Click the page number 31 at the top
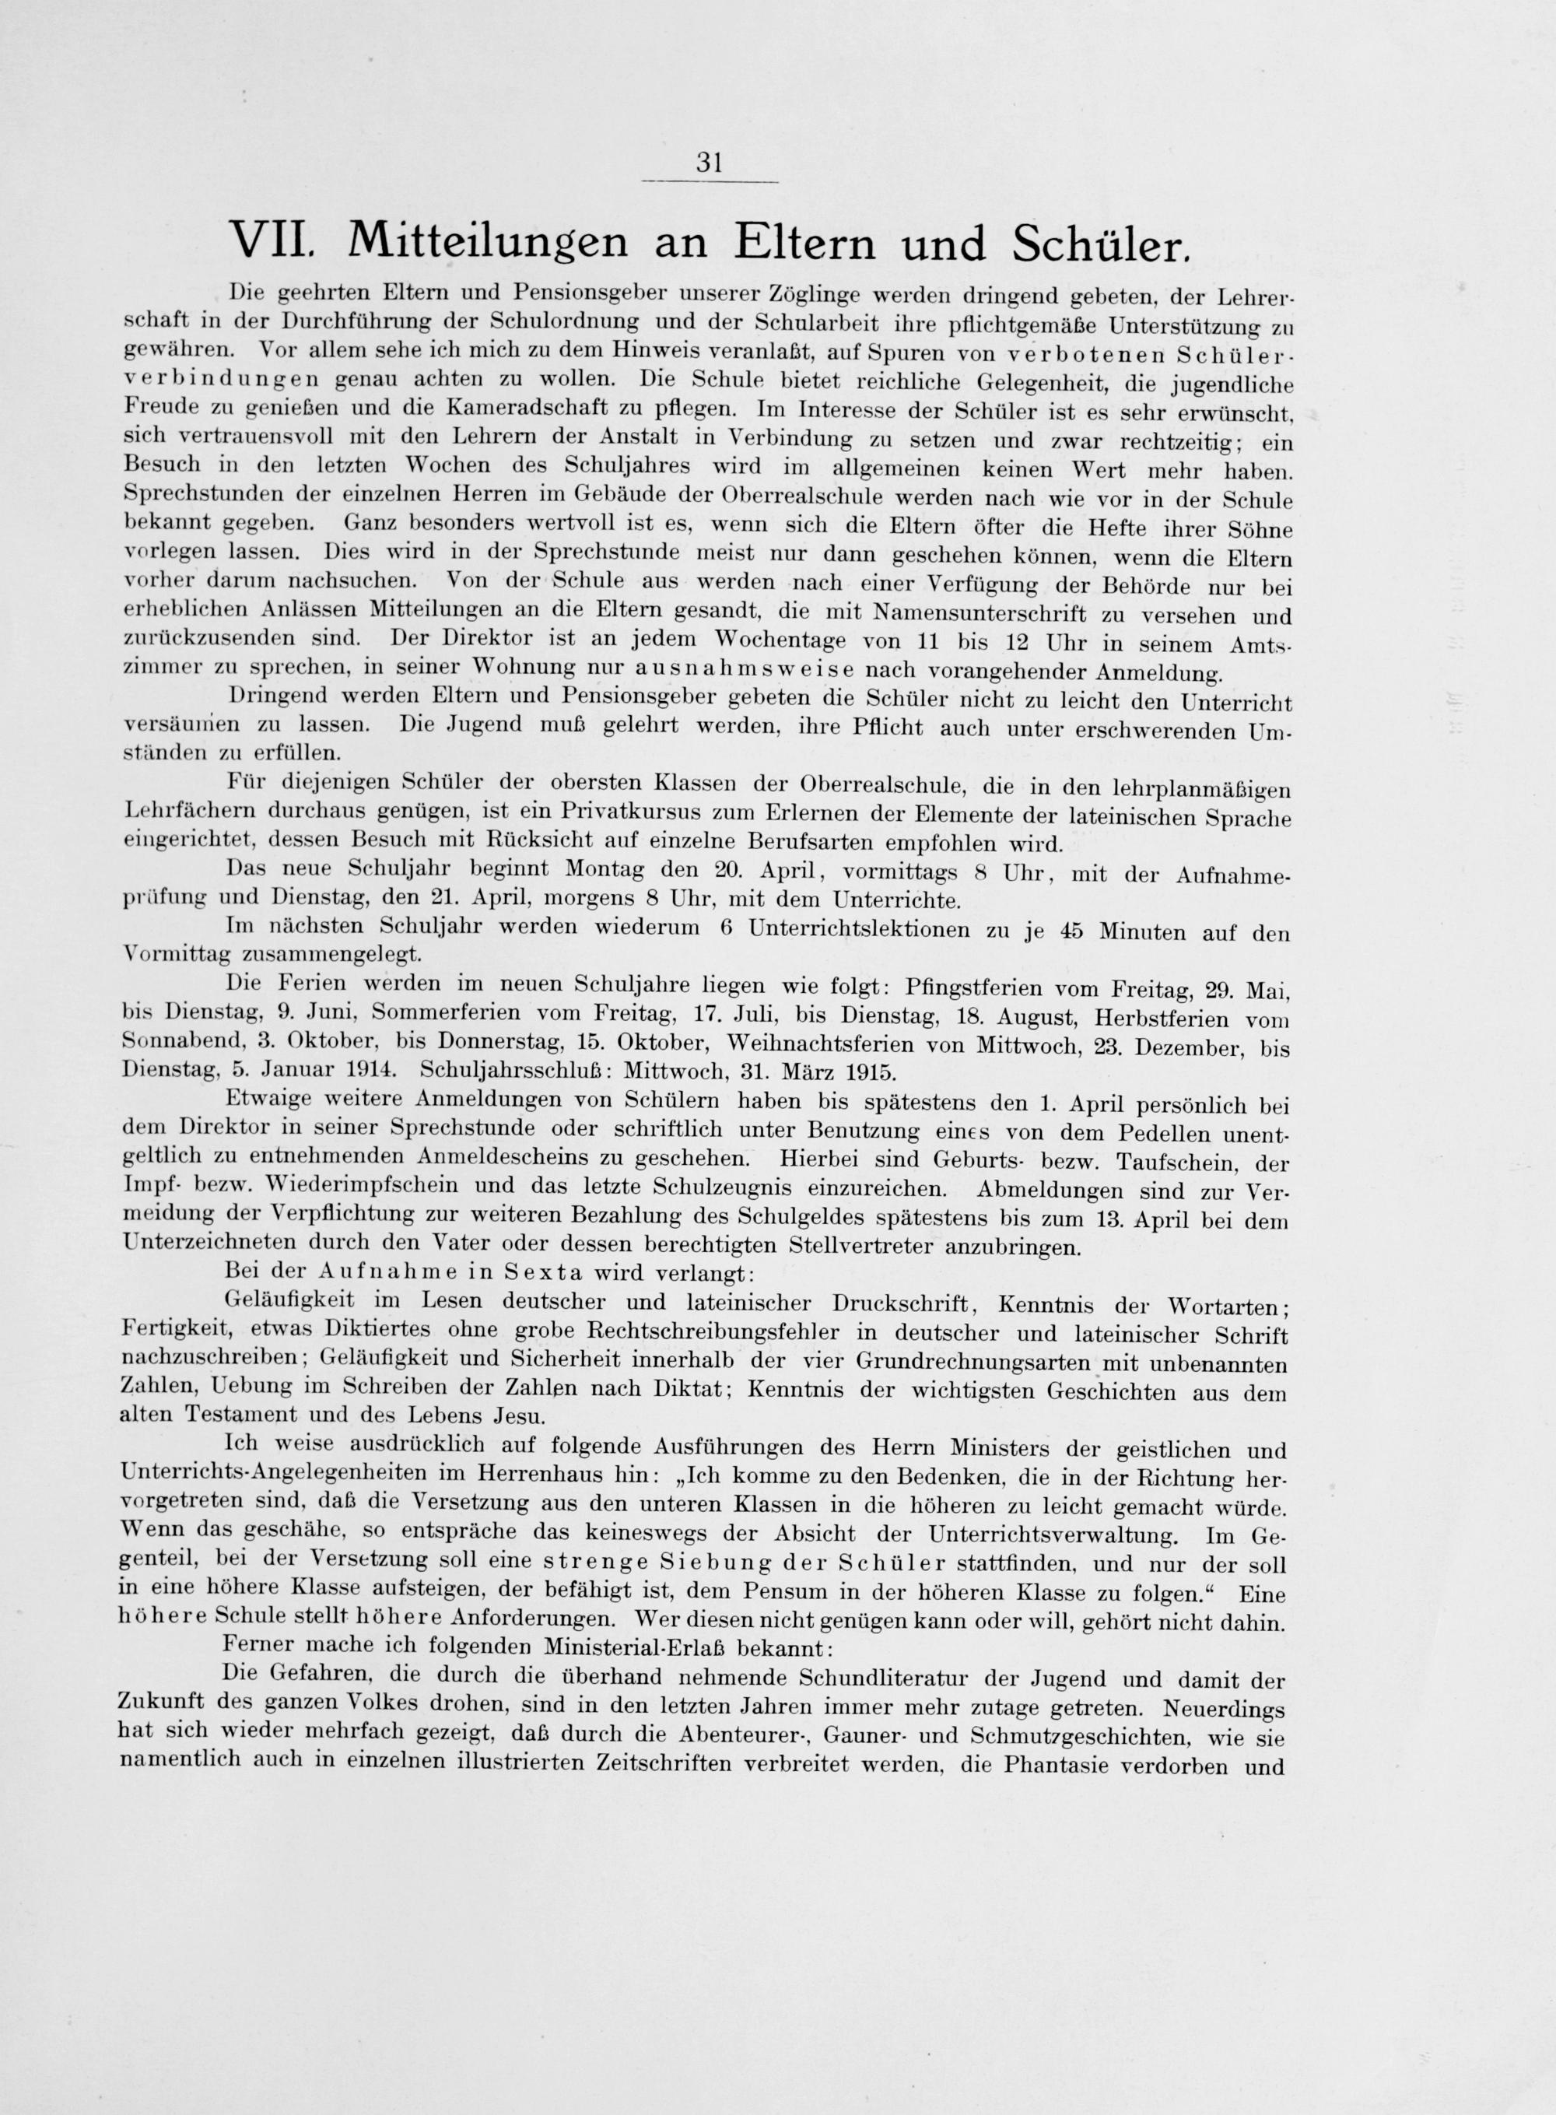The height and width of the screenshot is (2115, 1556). click(x=708, y=163)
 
